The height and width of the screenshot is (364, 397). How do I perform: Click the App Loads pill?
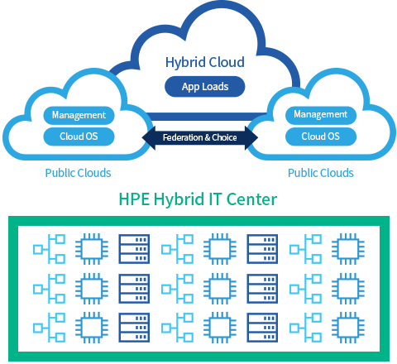(204, 87)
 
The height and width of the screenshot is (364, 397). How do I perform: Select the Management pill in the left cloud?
(79, 115)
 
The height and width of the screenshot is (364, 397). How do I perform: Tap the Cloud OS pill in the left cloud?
(79, 136)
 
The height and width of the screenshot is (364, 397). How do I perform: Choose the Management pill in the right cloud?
(321, 115)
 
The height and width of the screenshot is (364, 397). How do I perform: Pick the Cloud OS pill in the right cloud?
(321, 136)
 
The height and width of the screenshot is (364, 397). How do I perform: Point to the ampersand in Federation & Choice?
(207, 137)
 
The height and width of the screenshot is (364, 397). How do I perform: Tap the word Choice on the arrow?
(224, 137)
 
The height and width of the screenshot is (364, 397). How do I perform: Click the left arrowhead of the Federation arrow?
(149, 137)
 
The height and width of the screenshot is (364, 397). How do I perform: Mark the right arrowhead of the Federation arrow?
(251, 137)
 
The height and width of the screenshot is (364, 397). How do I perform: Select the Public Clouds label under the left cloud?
(78, 173)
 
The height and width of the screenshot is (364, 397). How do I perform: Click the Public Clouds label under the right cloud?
(321, 173)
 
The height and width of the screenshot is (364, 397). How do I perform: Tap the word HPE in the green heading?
(134, 199)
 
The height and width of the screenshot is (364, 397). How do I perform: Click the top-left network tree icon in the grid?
(50, 249)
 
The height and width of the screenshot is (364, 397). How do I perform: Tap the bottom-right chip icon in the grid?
(348, 328)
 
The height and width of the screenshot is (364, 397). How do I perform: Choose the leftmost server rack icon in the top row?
(134, 249)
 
